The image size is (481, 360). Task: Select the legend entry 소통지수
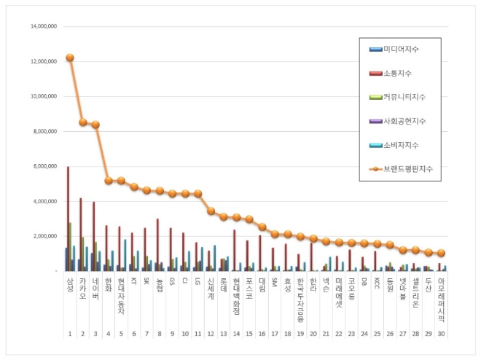click(x=396, y=73)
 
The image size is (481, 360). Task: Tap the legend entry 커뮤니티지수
click(x=403, y=97)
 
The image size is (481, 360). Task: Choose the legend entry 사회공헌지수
click(x=403, y=121)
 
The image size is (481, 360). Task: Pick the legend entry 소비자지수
click(x=400, y=145)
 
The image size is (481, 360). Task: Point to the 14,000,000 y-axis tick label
click(x=44, y=26)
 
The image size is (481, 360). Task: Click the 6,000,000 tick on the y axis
click(x=45, y=166)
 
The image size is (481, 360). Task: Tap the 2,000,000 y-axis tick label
click(x=45, y=236)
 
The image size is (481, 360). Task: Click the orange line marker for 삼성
click(x=70, y=58)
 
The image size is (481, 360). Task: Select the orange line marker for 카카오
click(x=83, y=122)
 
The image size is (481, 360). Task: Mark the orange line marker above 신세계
click(x=211, y=211)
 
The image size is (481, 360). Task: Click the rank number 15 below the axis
click(x=249, y=334)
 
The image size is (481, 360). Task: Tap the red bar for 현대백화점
click(x=234, y=251)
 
